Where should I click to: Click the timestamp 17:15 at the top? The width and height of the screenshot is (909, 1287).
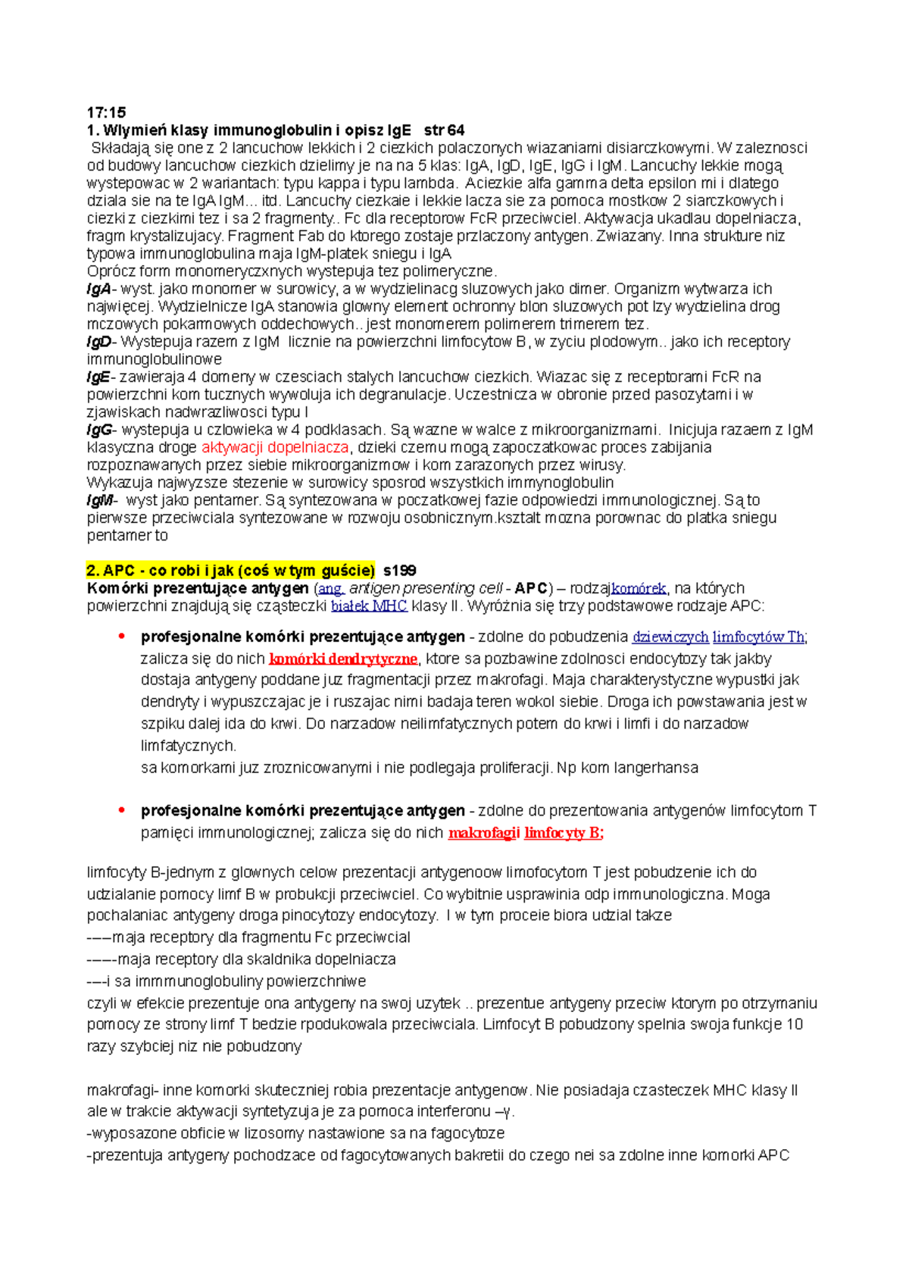point(106,113)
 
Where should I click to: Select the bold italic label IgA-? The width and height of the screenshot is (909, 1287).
point(99,289)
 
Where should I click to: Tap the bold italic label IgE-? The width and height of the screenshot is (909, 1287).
point(99,377)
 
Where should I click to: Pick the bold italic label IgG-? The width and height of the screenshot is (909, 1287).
point(101,430)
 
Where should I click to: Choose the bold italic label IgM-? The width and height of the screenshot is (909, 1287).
point(102,500)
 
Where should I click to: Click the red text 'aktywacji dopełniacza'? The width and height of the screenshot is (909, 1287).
point(275,447)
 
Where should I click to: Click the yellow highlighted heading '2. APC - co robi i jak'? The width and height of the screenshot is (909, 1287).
point(230,571)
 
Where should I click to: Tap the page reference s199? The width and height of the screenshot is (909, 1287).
point(400,571)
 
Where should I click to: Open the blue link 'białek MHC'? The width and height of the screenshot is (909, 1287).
point(369,606)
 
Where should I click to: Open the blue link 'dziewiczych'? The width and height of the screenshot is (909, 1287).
point(670,637)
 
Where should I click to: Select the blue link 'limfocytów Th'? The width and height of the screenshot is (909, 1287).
point(759,637)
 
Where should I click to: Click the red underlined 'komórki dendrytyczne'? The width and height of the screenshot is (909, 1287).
point(343,659)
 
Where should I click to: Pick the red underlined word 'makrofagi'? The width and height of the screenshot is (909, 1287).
point(483,833)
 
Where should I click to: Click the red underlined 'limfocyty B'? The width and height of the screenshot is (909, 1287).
point(563,833)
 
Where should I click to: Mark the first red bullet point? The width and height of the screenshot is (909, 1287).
point(121,637)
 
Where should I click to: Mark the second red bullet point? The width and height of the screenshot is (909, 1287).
point(121,810)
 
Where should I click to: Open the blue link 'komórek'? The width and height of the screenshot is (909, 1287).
point(639,588)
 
